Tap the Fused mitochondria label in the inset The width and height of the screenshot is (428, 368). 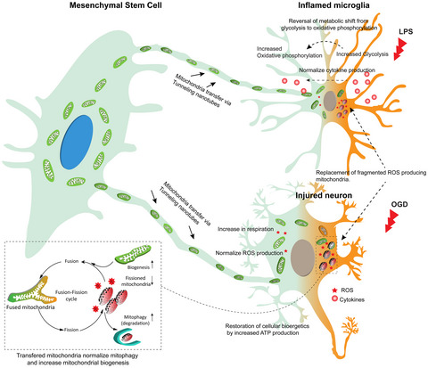click(36, 333)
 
